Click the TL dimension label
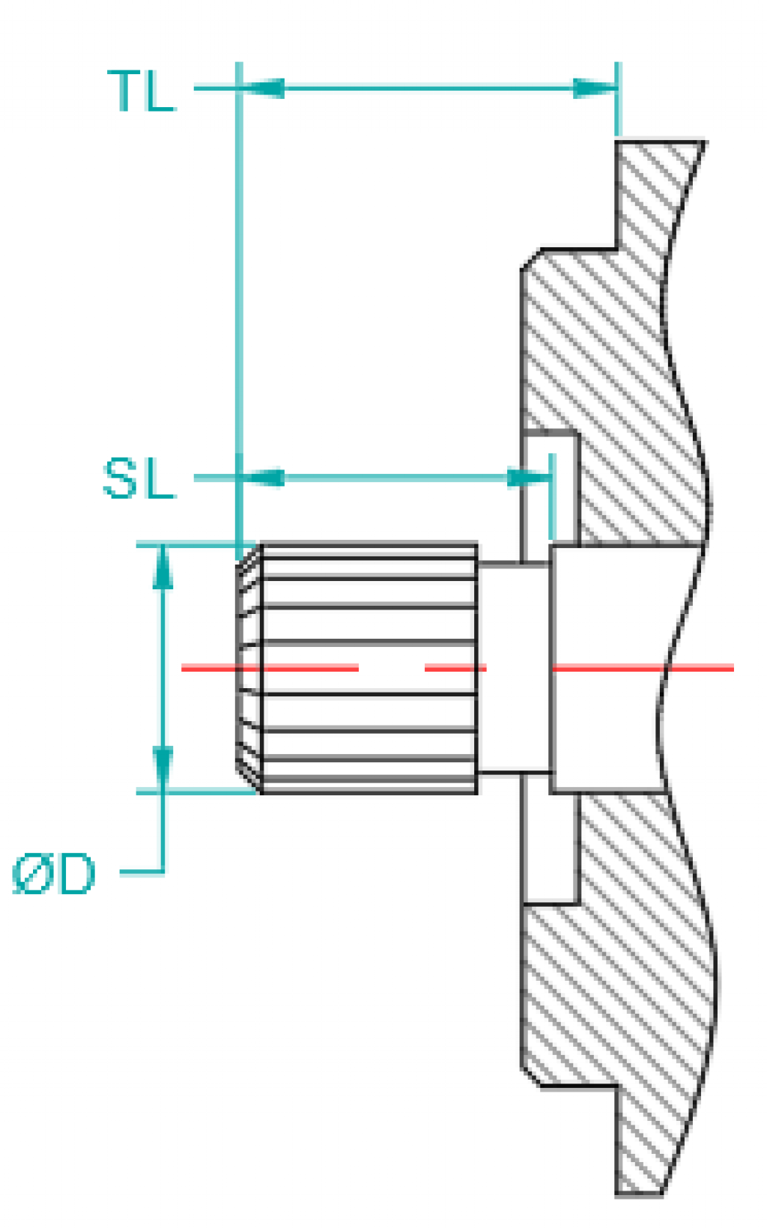click(142, 91)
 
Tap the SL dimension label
click(139, 479)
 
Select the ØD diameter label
click(55, 874)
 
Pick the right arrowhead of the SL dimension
click(529, 478)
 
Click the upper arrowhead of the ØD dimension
click(163, 569)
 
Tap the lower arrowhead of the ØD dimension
click(163, 767)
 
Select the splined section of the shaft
click(367, 666)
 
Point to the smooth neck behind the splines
click(513, 666)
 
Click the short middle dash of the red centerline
click(455, 667)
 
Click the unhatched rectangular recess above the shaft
click(551, 487)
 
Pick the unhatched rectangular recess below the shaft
click(551, 846)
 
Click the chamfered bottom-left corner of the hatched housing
click(531, 1076)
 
